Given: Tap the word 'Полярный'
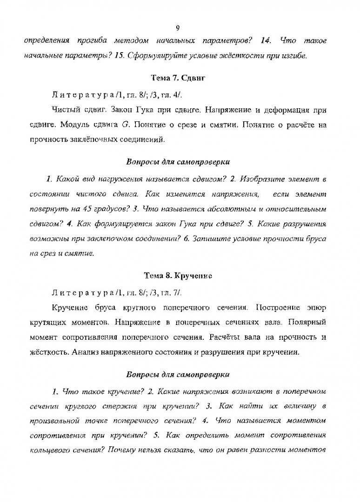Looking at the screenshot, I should (x=308, y=322).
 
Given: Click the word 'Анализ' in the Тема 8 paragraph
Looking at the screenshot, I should (x=86, y=351).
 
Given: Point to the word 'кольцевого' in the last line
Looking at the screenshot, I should (x=46, y=449).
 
